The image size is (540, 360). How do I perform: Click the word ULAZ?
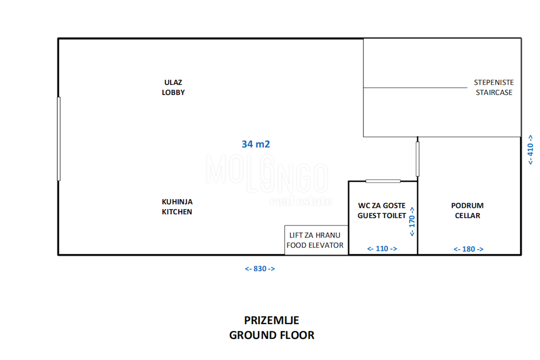[x=173, y=82]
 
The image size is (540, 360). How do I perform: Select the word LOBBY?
[x=173, y=92]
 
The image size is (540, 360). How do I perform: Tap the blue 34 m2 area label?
[x=256, y=144]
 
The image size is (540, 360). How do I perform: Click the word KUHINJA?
[x=177, y=202]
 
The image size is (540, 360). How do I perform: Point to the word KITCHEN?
[x=177, y=211]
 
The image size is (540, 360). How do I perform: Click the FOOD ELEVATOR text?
[x=315, y=245]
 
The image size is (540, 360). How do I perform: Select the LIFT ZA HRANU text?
[x=315, y=235]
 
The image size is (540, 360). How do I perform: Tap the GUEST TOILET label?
[x=382, y=216]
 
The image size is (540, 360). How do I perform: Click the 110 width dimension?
[x=382, y=248]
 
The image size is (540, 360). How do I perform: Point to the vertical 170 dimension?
[x=412, y=221]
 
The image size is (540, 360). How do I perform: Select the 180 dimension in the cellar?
[x=468, y=249]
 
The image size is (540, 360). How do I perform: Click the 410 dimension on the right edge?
[x=531, y=150]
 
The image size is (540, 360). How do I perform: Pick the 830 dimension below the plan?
[x=260, y=269]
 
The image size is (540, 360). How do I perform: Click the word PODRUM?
[x=468, y=206]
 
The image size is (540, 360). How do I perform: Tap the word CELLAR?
[x=468, y=216]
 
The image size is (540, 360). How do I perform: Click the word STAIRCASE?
[x=494, y=92]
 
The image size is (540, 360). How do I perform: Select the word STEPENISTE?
[x=494, y=82]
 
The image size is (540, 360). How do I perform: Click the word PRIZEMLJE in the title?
[x=272, y=320]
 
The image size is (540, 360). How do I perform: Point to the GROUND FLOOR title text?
[x=272, y=335]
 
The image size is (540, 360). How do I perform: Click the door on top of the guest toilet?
[x=383, y=181]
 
